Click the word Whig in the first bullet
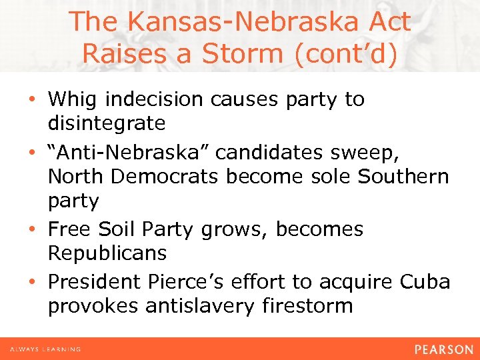[x=76, y=99]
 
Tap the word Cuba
[x=424, y=282]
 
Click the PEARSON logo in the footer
[x=443, y=349]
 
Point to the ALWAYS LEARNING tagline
[x=45, y=349]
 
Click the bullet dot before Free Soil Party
[x=34, y=229]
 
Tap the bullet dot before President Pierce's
[x=34, y=283]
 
